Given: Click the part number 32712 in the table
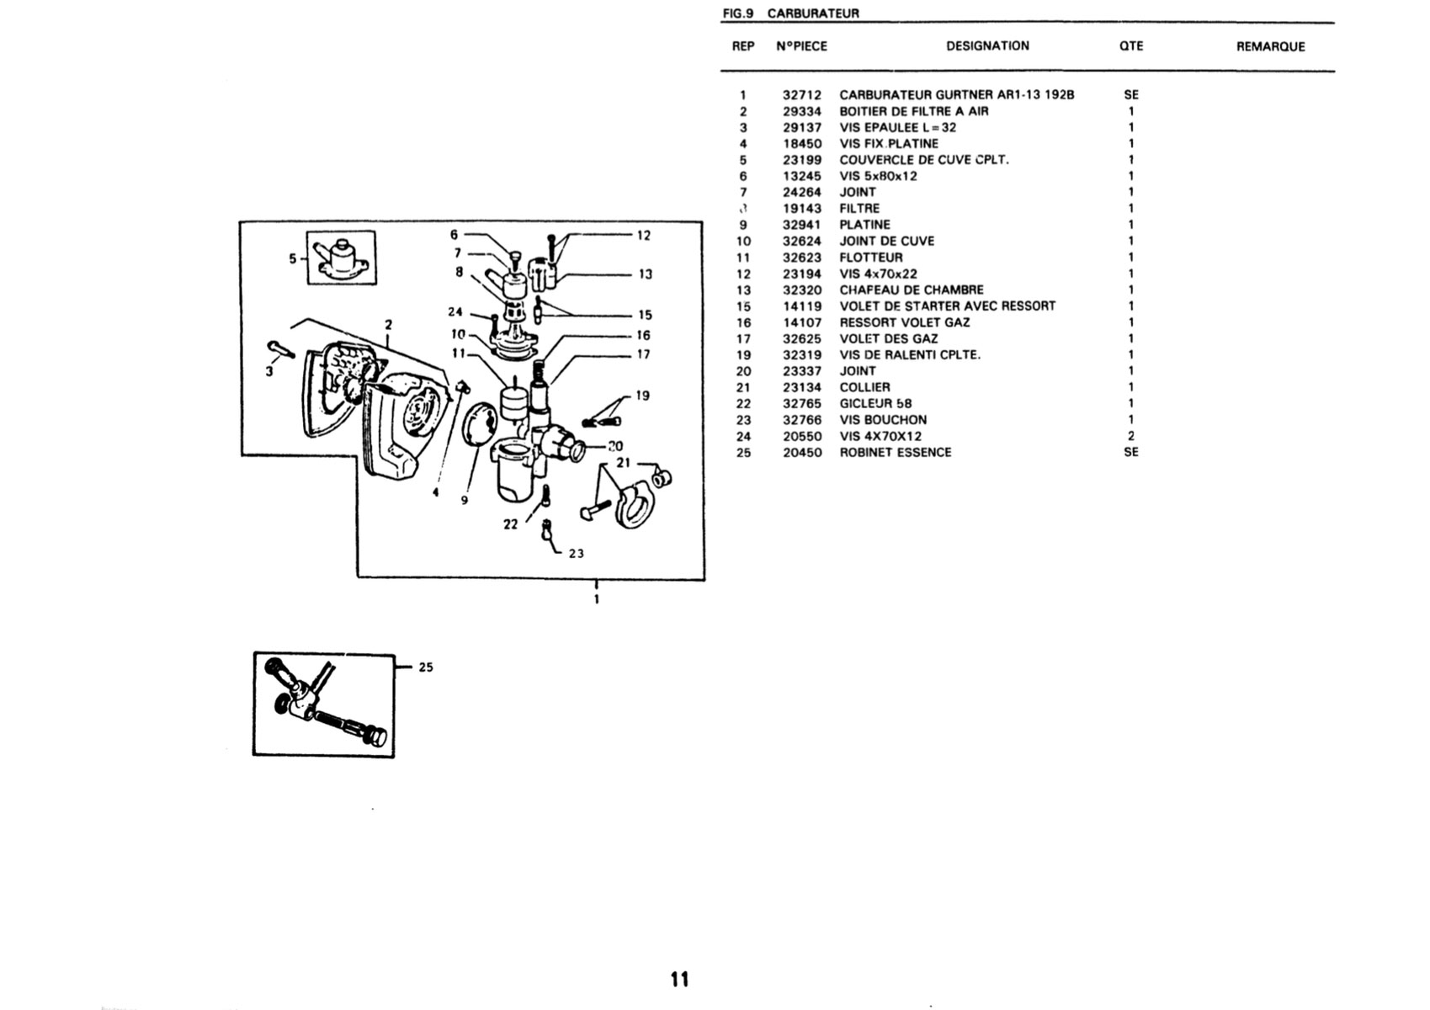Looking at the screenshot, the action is coord(802,95).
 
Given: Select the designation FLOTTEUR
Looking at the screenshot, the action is coord(871,258).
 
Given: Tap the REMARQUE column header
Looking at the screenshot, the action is coord(1270,46).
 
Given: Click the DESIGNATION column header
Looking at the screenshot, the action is coord(987,46).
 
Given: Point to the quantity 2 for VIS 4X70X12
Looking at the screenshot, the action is coord(1130,436).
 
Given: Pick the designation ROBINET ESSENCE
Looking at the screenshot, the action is coord(895,452).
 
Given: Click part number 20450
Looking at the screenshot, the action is coord(802,453).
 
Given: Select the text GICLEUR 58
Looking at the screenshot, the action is coord(875,403).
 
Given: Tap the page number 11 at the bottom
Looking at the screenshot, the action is coord(680,980).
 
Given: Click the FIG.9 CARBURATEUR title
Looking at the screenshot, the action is coord(790,13).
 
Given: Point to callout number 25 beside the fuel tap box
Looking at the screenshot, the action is coord(426,667).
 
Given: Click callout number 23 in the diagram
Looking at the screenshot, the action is coord(576,554).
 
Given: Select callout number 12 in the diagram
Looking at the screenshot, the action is coord(644,236).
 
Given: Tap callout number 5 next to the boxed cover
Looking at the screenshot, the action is coord(292,258).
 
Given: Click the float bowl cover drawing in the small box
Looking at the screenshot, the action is coord(342,258).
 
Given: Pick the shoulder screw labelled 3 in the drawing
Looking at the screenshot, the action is coord(280,349).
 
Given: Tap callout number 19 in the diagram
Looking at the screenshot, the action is coord(642,396).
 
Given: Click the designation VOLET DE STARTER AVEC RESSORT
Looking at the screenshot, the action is coord(948,306).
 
